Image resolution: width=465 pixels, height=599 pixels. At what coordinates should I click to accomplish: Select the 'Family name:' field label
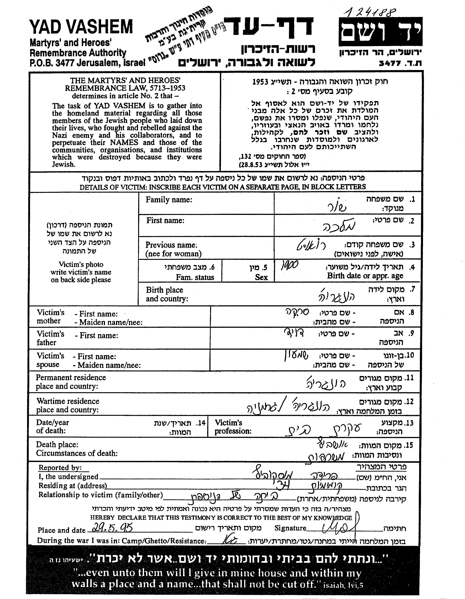click(x=169, y=200)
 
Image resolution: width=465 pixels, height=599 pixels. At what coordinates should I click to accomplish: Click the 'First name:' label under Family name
click(x=165, y=221)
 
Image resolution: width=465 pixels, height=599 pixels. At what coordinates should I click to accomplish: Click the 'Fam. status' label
click(x=195, y=277)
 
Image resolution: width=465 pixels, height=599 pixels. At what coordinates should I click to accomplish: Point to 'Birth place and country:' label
click(x=167, y=294)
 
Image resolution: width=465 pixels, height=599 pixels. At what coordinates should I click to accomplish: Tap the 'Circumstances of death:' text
click(x=77, y=453)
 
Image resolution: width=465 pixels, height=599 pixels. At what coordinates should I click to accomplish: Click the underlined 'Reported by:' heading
click(x=60, y=468)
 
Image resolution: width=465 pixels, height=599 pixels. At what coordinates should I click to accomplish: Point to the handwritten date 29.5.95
click(x=110, y=527)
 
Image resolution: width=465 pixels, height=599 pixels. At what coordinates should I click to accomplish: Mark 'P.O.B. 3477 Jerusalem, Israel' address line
click(x=87, y=63)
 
